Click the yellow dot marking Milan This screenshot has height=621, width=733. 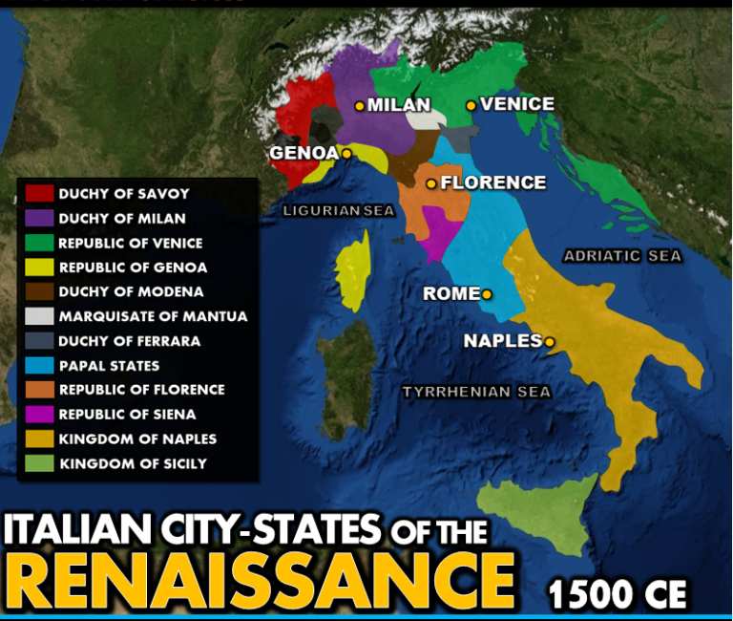coord(360,106)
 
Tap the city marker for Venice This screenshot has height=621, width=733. coord(471,105)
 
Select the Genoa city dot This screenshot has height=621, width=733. coord(346,153)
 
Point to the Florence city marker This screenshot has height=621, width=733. coord(431,183)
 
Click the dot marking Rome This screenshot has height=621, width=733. coord(487,294)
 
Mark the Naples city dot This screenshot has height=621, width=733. coord(550,341)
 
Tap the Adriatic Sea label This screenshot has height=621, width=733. coord(622,256)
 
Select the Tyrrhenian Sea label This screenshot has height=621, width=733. coord(476,392)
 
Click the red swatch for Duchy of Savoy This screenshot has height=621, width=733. coord(39,194)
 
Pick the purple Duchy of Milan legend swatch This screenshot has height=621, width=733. coord(39,219)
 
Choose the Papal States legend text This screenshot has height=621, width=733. coord(109,366)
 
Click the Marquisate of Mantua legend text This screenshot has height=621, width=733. coord(153,316)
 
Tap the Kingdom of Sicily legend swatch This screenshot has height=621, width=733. coord(39,464)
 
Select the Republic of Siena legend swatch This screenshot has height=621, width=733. coord(39,415)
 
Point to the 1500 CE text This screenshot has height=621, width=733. coord(618,594)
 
